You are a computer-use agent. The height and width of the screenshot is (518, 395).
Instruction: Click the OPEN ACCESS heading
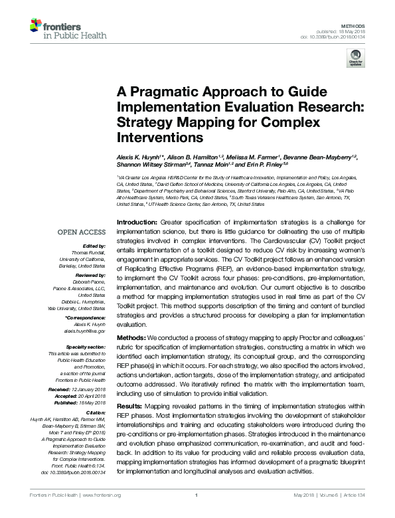(x=82, y=232)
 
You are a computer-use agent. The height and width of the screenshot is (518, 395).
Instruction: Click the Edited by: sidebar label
(x=94, y=244)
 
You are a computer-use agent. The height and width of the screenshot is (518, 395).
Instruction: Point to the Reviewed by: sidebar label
(x=89, y=274)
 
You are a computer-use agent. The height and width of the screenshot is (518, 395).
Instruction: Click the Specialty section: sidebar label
(x=86, y=347)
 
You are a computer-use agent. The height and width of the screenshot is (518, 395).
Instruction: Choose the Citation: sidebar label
(x=96, y=413)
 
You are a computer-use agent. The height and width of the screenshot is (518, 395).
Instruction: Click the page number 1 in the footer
(x=197, y=512)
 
